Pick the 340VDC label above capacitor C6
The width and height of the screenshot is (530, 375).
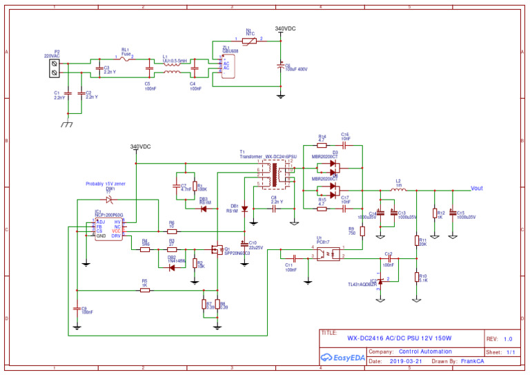[285, 29]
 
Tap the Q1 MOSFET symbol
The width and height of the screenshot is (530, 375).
[219, 249]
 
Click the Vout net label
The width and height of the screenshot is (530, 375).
[476, 189]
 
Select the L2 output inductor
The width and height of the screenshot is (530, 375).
[398, 189]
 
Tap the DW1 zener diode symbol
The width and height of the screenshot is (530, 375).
[108, 200]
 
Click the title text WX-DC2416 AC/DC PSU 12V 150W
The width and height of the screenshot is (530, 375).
[398, 338]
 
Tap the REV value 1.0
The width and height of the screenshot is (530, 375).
[508, 338]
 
